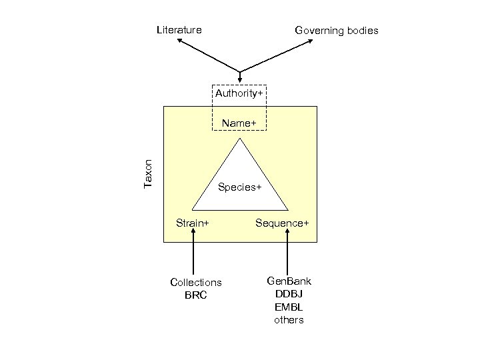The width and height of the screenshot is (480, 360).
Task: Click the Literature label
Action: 179,29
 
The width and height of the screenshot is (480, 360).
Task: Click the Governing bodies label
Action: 337,30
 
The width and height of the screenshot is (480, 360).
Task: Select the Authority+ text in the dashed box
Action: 239,93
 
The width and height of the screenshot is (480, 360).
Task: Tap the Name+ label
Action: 239,123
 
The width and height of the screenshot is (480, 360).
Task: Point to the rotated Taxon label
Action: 149,173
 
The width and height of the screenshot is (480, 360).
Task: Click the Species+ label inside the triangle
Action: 239,187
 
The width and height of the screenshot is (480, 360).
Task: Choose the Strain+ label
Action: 192,222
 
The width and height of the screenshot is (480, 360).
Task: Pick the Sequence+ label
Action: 282,222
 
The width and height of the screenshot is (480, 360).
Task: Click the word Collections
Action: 196,283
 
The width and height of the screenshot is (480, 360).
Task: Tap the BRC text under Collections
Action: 196,295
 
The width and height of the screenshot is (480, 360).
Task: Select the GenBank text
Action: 289,281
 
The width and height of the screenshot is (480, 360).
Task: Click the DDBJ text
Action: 289,294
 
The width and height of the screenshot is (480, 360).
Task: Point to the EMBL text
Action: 289,307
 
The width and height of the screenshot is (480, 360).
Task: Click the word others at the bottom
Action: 289,320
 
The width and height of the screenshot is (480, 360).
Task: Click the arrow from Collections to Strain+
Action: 193,253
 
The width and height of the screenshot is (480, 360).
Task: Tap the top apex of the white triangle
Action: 240,141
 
